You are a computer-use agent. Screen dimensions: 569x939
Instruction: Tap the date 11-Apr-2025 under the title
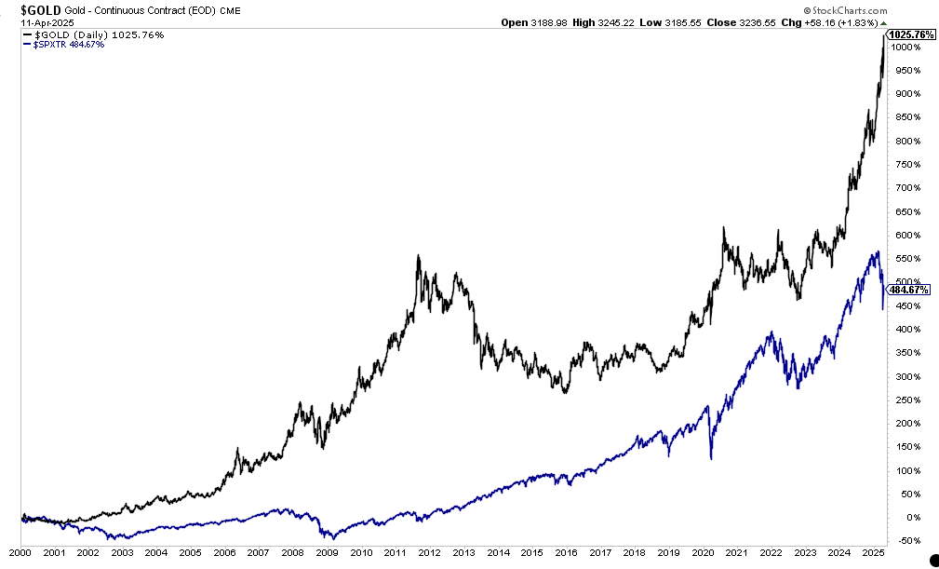click(x=30, y=22)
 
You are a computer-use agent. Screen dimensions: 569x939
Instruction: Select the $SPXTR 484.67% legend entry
click(x=67, y=44)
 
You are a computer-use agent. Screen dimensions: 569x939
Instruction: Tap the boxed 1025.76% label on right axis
click(x=910, y=34)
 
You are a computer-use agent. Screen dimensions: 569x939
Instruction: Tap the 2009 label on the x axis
click(x=327, y=553)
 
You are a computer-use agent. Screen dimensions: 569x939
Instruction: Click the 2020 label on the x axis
click(x=700, y=553)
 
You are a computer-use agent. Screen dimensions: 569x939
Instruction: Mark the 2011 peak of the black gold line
click(x=418, y=256)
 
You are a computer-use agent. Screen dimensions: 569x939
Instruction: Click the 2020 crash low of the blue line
click(x=711, y=458)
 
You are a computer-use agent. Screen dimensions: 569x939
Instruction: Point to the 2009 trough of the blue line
click(x=331, y=538)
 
